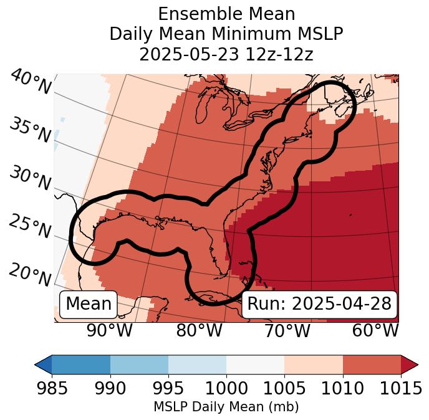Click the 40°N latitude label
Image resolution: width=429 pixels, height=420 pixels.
coord(30,82)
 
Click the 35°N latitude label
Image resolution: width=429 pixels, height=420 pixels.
coord(30,130)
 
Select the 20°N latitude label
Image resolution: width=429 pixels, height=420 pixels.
coord(30,274)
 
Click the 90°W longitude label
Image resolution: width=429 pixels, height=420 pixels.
coord(110,331)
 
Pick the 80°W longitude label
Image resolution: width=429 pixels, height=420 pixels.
coord(199,331)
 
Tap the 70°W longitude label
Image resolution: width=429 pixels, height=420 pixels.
coord(287,331)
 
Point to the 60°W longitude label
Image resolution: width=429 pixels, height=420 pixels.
coord(375,331)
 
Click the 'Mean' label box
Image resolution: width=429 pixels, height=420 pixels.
coord(89,304)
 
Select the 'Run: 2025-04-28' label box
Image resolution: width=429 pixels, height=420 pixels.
coord(319,304)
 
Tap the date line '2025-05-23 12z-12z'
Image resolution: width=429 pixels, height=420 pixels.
coord(226,54)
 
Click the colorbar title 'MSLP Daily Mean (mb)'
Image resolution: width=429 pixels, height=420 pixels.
coord(226,407)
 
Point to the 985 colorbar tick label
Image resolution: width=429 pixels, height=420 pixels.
coord(52,389)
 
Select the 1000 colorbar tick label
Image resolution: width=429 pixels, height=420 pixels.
coord(226,389)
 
